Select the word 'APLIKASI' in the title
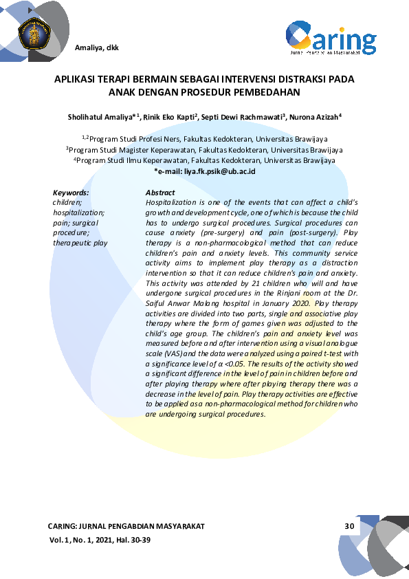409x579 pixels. pyautogui.click(x=76, y=79)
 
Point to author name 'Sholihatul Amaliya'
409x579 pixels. pyautogui.click(x=100, y=118)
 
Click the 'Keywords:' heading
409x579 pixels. pyautogui.click(x=71, y=193)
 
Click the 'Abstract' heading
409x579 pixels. pyautogui.click(x=160, y=193)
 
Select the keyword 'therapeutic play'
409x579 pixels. pyautogui.click(x=80, y=243)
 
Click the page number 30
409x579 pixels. pyautogui.click(x=349, y=527)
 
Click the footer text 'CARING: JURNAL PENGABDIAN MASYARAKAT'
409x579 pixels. pyautogui.click(x=126, y=527)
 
